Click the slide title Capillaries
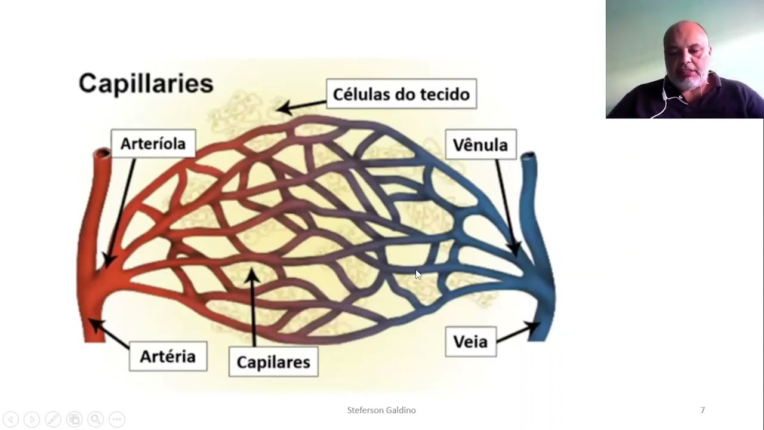coord(146,83)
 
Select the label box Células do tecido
coord(401,94)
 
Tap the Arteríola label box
coord(153,144)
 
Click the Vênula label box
coord(480,145)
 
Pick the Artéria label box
coord(168,357)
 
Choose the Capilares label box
coord(273,362)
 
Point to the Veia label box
coord(470,342)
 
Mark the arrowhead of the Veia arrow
coord(534,327)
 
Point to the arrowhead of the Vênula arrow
coord(515,248)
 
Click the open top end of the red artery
coord(102,154)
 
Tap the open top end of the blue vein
coord(528,158)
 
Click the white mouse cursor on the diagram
coord(418,275)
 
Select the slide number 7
coord(703,410)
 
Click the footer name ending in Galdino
coord(381,410)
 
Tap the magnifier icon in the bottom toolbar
coord(95,419)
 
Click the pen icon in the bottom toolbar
coord(53,419)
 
